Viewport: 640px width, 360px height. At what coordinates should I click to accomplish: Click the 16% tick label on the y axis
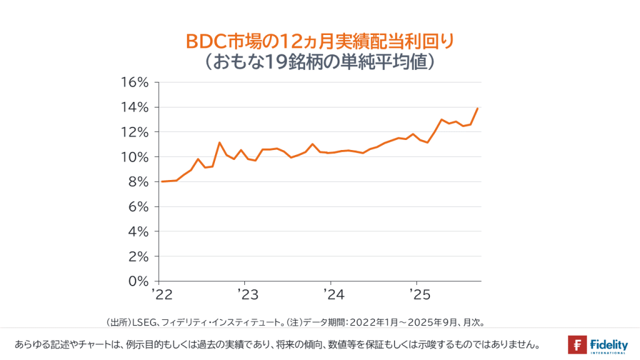pos(134,82)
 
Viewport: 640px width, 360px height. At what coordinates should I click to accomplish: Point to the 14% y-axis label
pos(134,107)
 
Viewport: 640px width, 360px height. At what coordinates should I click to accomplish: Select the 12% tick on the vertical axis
pos(134,132)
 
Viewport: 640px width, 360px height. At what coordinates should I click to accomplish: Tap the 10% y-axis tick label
pos(134,157)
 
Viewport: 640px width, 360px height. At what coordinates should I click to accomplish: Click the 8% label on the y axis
pos(138,182)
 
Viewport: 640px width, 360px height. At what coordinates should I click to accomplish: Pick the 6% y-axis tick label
pos(138,207)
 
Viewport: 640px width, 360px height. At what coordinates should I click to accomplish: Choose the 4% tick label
pos(138,232)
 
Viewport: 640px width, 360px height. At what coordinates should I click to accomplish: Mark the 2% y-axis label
pos(138,256)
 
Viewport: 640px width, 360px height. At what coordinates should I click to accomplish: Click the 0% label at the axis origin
pos(138,281)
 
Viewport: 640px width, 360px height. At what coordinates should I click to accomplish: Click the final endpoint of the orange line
pos(478,108)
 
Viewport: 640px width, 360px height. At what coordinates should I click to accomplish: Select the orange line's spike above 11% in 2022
pos(219,142)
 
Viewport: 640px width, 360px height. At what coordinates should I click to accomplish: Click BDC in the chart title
pos(205,42)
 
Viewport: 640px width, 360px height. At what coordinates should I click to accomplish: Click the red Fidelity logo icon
pos(577,344)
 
